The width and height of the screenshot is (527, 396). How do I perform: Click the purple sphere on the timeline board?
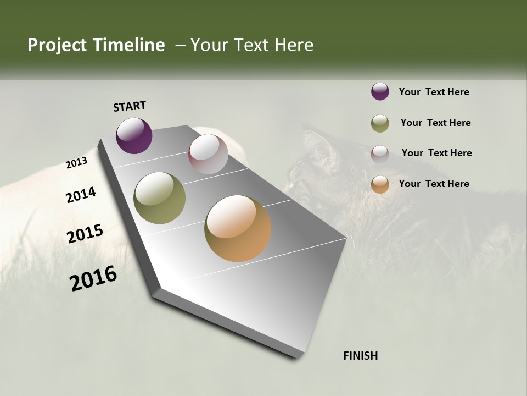click(134, 135)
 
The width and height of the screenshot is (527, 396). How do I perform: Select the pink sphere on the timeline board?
click(208, 153)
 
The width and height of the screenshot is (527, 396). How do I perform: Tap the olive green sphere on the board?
click(160, 198)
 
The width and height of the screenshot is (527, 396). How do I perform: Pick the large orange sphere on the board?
click(238, 228)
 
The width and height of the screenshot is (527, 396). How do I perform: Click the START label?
click(130, 106)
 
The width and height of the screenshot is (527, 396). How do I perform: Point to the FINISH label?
click(360, 356)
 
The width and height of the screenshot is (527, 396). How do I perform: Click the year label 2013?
click(76, 163)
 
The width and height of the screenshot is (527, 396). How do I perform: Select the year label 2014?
click(81, 195)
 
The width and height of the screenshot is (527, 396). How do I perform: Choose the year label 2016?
click(93, 278)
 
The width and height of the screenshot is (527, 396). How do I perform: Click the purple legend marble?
click(380, 92)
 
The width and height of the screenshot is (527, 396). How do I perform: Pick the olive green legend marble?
click(380, 123)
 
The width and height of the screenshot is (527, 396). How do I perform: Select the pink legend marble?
click(380, 153)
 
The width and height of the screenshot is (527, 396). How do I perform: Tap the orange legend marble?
click(380, 184)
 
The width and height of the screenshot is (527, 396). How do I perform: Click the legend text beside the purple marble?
click(434, 92)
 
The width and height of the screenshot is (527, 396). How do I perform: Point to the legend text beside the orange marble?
click(434, 184)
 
